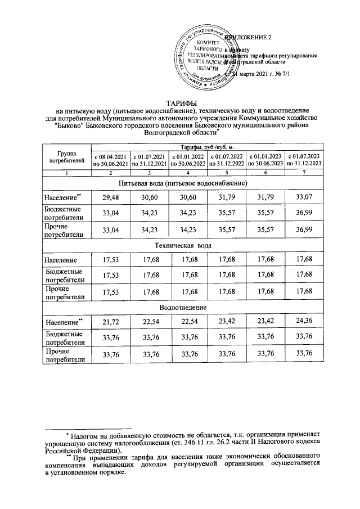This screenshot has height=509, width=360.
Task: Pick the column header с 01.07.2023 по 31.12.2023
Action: [x=304, y=160]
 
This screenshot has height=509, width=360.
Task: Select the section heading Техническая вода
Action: [x=181, y=246]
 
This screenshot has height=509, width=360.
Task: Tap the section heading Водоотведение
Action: [x=181, y=308]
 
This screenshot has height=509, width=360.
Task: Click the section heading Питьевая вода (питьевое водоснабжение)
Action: [x=181, y=184]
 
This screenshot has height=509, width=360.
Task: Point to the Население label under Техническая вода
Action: [x=61, y=259]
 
